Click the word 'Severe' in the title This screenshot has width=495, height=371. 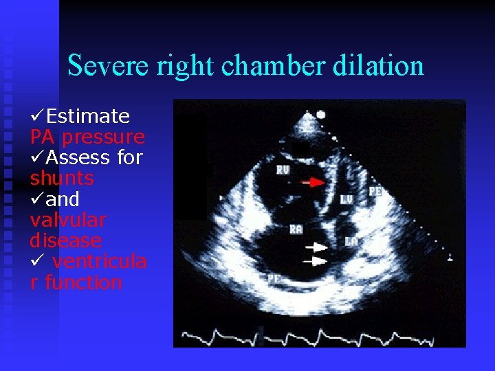point(109,66)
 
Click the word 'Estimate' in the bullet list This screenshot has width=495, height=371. point(87,115)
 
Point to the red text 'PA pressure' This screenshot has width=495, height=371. point(87,137)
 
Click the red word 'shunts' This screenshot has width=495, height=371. point(62,179)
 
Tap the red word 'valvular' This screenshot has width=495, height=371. point(68,221)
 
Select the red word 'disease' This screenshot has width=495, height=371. point(66,241)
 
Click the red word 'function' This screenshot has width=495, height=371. point(83,282)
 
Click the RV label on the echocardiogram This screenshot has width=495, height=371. point(283,169)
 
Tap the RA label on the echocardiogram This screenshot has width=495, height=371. point(296,229)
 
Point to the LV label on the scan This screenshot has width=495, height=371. point(347,199)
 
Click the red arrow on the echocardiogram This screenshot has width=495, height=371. point(314,183)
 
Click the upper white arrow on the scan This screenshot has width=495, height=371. point(317,246)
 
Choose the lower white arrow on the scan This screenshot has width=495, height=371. point(317,261)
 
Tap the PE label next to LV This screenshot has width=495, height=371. point(375,191)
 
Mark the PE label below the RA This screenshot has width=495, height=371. point(274,278)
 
